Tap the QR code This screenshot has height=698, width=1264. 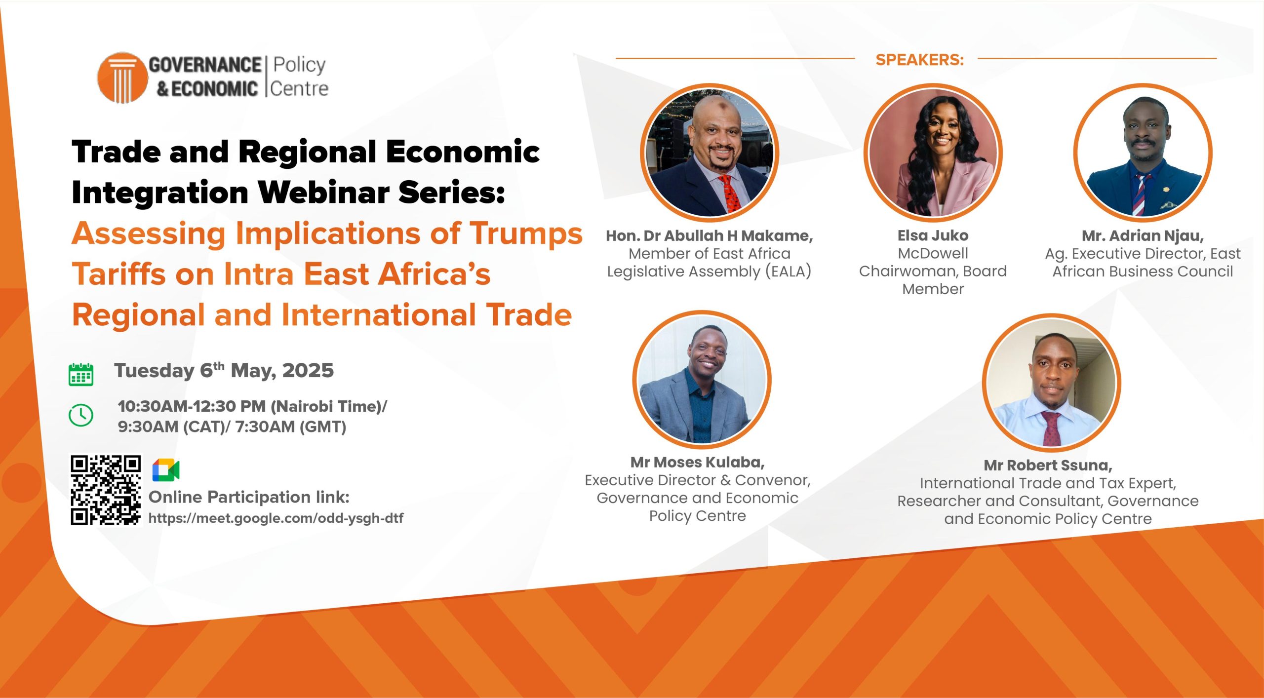point(106,490)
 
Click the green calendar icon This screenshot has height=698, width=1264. point(81,374)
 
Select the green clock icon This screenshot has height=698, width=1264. point(81,415)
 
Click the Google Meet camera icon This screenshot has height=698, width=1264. point(166,469)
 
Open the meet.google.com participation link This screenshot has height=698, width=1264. point(276,518)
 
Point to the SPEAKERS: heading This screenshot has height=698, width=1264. point(919,60)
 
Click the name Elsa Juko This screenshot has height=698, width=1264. point(933,235)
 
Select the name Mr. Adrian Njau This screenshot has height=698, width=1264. point(1143,236)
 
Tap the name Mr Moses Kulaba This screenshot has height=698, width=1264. point(697,462)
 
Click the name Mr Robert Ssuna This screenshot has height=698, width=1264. point(1048,465)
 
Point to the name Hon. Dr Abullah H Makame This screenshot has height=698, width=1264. point(709,236)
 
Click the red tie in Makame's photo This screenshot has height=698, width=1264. point(729,194)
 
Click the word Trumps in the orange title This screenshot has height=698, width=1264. point(526,234)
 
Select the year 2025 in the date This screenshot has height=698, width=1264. point(308,370)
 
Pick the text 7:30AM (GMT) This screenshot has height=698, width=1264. point(291,427)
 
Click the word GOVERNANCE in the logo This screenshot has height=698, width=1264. point(205,65)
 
